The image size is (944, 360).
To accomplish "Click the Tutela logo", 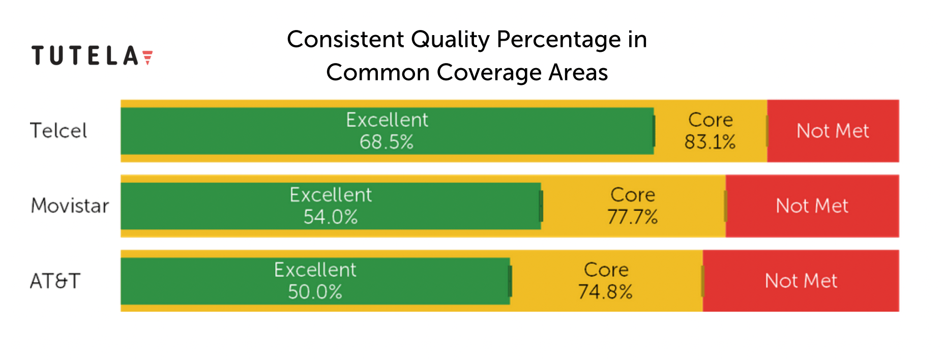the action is click(x=92, y=55).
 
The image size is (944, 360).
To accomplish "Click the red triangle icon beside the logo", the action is click(x=147, y=57).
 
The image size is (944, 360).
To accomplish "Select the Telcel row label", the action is click(x=58, y=131).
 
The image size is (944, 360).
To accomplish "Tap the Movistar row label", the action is click(x=70, y=205).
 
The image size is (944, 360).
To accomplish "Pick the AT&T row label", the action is click(x=55, y=281).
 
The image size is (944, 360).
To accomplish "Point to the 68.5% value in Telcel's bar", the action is click(x=387, y=142).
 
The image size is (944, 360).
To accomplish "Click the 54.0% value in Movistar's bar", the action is click(x=331, y=217).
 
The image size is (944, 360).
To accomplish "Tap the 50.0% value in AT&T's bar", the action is click(x=315, y=292).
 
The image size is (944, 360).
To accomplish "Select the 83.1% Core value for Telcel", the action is click(x=710, y=142).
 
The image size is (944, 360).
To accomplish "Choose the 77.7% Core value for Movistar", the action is click(x=633, y=217).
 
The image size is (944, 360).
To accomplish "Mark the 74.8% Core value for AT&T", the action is click(x=605, y=292).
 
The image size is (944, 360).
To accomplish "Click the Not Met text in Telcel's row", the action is click(x=833, y=131).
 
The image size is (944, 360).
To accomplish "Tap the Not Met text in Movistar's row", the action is click(x=812, y=206).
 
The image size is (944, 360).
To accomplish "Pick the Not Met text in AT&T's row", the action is click(x=801, y=281).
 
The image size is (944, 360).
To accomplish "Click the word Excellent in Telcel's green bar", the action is click(x=387, y=120).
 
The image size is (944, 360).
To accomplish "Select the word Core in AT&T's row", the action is click(x=606, y=269).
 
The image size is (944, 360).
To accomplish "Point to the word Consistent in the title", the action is click(x=346, y=39).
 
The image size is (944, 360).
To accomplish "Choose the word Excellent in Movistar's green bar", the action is click(x=331, y=195).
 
